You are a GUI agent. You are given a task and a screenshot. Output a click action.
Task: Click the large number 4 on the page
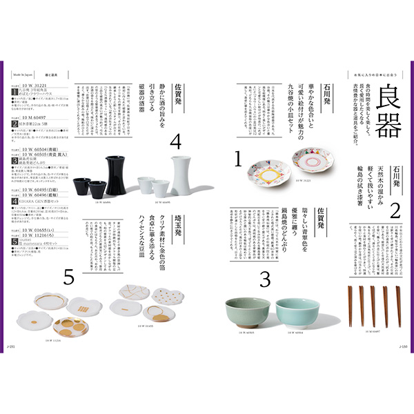[175, 143]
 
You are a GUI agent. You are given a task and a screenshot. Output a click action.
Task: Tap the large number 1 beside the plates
[238, 161]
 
